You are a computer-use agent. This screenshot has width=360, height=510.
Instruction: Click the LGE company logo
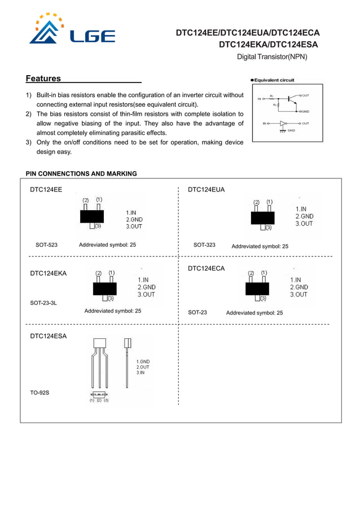tap(72, 29)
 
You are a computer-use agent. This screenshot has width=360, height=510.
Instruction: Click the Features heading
tap(43, 79)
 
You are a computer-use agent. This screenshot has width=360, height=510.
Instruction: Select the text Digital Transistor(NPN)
tap(271, 57)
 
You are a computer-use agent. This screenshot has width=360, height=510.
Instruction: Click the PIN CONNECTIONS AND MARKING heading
tap(81, 173)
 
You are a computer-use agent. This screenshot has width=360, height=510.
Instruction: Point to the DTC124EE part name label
tap(46, 190)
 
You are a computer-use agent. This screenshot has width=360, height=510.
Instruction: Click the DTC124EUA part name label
tap(206, 190)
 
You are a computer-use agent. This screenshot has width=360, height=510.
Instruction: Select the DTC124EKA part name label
tap(48, 273)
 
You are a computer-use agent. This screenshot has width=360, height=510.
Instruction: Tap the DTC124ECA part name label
tap(206, 268)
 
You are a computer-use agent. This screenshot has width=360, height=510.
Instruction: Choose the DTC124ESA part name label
tap(48, 336)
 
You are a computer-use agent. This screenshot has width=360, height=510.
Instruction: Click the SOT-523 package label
tap(46, 245)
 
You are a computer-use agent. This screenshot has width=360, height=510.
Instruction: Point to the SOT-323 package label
tap(204, 245)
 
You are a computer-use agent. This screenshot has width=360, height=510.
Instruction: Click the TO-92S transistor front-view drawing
tap(99, 361)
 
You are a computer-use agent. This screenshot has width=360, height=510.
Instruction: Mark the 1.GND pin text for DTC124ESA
tap(143, 361)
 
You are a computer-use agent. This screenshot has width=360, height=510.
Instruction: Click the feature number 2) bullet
tap(29, 114)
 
